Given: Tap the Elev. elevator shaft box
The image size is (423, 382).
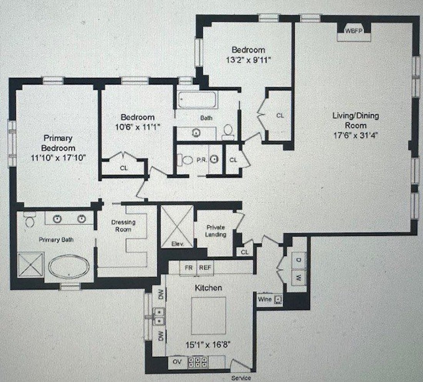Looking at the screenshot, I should click(177, 227).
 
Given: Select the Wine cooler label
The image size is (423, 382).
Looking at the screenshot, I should click(265, 299).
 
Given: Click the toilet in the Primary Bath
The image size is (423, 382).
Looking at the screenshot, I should click(29, 220).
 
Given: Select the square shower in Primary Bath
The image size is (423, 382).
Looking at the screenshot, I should click(31, 265).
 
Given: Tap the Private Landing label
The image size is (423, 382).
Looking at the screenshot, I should click(215, 231).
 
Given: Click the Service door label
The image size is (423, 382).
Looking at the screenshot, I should click(241, 378).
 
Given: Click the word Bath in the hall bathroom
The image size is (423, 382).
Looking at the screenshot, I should click(206, 118).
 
